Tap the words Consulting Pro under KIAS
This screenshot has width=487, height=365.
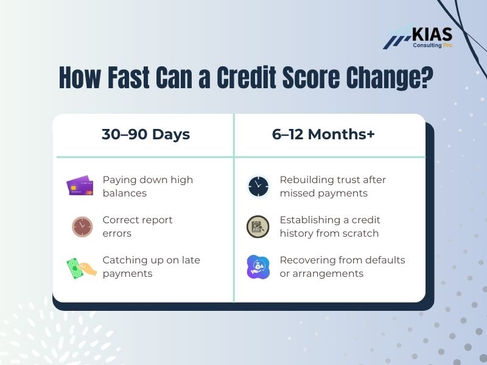(433, 45)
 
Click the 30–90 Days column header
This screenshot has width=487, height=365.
(145, 135)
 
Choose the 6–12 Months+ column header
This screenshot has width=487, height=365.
(323, 135)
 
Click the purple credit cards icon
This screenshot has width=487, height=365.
(80, 186)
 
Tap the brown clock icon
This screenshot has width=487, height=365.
(82, 226)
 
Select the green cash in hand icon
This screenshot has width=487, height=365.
(81, 266)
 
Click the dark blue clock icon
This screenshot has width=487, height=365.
(258, 186)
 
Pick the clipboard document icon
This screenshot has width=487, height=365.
(258, 226)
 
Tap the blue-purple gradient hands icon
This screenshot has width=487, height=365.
(258, 266)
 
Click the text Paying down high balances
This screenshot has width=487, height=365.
(147, 186)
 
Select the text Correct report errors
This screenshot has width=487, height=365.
(137, 226)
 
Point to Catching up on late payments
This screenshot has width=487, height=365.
(151, 266)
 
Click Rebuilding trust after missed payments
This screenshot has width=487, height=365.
(332, 186)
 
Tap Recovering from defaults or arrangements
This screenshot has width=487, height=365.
(342, 266)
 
